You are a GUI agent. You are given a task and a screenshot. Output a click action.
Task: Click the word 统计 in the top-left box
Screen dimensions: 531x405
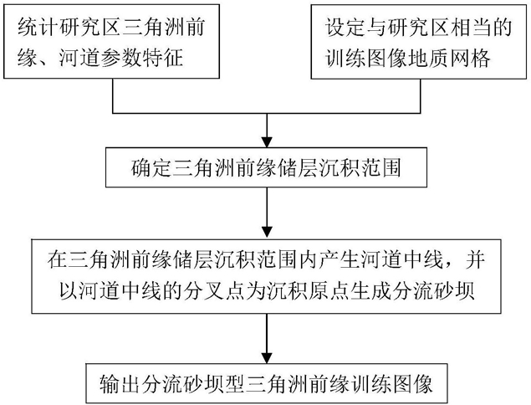36,27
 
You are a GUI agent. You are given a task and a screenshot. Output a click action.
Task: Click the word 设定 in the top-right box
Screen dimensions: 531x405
345,27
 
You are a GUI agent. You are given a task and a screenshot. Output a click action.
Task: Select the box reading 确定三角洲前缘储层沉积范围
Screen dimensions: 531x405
266,167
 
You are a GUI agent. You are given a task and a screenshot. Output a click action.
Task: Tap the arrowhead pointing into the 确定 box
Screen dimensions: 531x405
268,142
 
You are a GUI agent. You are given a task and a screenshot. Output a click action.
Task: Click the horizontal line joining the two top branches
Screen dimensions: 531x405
267,113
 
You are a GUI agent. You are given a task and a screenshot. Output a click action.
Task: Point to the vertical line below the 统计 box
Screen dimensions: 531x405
113,96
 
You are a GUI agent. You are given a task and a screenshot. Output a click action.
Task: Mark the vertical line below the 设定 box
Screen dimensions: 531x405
421,96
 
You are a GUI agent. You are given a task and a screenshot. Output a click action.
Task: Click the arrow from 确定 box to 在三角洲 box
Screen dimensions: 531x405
268,213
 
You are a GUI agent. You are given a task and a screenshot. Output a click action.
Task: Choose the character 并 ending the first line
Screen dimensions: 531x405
476,259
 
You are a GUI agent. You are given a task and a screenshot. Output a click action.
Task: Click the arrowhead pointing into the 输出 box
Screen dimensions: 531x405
268,358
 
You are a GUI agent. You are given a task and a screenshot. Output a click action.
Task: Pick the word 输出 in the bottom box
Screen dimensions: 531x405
119,383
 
